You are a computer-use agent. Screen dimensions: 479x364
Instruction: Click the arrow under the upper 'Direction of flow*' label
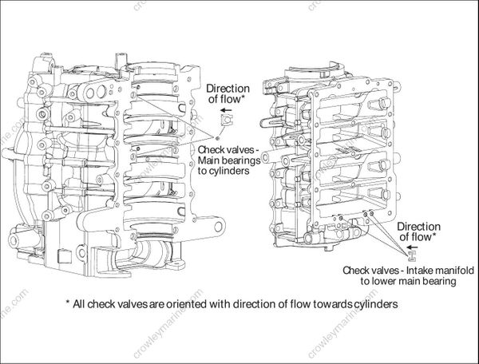[x=227, y=110]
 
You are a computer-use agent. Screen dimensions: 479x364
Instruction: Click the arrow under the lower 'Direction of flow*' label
[x=412, y=247]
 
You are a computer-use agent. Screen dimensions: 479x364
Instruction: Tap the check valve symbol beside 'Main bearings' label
[x=226, y=120]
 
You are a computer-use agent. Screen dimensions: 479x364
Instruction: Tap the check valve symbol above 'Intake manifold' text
[x=412, y=257]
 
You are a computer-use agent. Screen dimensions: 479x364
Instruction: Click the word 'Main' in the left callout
[x=208, y=160]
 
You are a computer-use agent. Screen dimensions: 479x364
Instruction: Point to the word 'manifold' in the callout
[x=454, y=271]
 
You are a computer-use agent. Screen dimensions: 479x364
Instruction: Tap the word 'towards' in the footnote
[x=329, y=304]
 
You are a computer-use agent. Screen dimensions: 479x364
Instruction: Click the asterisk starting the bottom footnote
[x=68, y=302]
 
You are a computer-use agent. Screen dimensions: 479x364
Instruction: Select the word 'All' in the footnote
[x=79, y=304]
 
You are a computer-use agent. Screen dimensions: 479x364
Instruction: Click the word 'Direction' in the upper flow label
[x=228, y=89]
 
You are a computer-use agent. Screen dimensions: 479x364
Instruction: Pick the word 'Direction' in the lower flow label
[x=419, y=227]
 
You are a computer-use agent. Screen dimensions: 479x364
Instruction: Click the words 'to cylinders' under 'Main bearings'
[x=224, y=171]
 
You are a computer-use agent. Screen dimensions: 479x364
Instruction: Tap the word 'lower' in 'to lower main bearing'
[x=383, y=281]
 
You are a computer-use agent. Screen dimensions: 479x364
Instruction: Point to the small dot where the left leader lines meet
[x=217, y=138]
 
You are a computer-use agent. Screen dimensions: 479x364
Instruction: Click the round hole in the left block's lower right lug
[x=219, y=227]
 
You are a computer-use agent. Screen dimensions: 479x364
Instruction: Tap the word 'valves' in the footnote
[x=133, y=304]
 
